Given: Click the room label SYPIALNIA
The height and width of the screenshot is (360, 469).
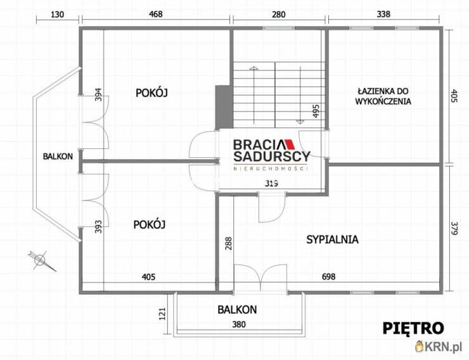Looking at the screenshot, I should pos(332,240).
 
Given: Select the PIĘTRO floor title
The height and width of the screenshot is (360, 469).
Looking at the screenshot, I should pos(413,328).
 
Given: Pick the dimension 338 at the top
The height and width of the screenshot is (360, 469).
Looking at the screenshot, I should pos(384,14).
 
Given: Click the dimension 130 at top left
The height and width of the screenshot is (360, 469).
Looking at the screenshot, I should pos(57,14).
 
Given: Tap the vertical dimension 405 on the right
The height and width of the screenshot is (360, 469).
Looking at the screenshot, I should pos(454,95).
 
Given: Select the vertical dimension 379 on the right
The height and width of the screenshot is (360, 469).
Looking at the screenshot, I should pos(454,229).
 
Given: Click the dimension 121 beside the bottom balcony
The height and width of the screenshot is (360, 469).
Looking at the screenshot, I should pos(162,314).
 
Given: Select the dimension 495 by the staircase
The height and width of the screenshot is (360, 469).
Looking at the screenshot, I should pos(315,112).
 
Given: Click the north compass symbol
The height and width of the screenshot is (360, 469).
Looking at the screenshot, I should pos(41,259).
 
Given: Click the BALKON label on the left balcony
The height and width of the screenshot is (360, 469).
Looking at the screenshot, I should pos(58,157).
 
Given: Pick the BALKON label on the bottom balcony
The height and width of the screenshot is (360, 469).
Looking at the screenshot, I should pos(236,310).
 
